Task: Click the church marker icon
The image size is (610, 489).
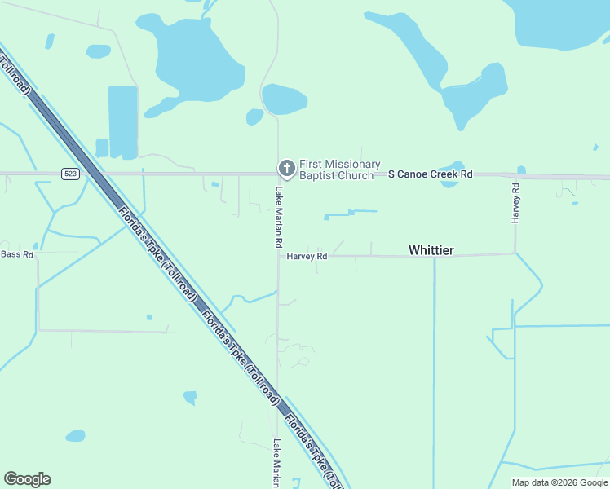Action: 286,169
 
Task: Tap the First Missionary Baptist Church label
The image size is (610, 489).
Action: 339,170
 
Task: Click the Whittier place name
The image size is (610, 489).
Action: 431,250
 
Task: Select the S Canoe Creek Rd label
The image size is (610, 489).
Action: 430,174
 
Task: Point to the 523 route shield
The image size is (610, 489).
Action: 71,174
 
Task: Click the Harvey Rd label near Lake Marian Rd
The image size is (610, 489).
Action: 307,256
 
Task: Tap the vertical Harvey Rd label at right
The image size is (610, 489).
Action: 515,203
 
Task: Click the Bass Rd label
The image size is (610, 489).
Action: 17,254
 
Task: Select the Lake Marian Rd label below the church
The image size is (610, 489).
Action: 278,217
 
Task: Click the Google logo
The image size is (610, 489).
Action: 28,479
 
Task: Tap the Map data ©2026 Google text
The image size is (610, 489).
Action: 560,482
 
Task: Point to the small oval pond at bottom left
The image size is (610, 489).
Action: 75,436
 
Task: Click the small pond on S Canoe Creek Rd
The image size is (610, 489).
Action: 451,176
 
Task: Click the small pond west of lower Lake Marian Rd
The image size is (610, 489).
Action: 190,398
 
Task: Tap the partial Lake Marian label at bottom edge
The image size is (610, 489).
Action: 277,464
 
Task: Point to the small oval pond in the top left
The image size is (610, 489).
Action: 98,51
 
